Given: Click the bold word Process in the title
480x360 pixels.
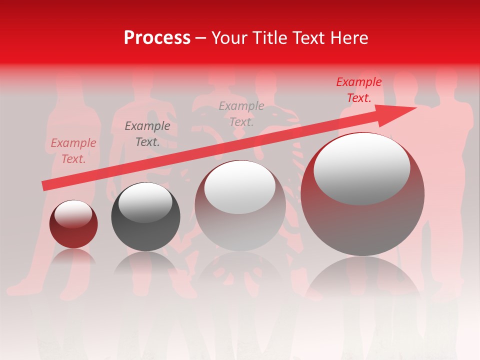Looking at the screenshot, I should (157, 38).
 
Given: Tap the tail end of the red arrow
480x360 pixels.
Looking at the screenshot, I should (45, 185).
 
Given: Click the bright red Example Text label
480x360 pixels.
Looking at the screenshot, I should (358, 90).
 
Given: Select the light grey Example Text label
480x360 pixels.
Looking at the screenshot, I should (241, 113).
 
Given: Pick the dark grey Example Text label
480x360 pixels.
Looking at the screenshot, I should (147, 134).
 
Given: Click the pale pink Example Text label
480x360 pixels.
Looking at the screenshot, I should (73, 151).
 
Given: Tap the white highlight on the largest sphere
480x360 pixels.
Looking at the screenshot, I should (361, 169).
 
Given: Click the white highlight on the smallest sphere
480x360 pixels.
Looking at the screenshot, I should (73, 214).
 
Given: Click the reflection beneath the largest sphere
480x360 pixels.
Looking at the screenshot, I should (362, 280).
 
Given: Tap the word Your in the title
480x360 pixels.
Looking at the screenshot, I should (229, 38).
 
